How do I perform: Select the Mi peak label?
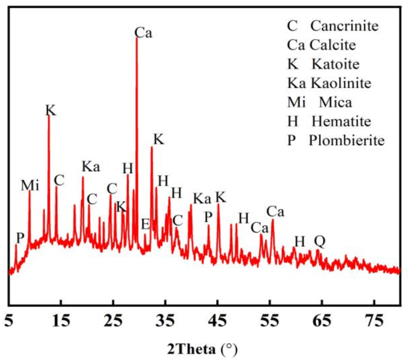[x=30, y=185]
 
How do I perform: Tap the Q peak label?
[x=320, y=241]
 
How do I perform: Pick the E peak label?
[x=145, y=224]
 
